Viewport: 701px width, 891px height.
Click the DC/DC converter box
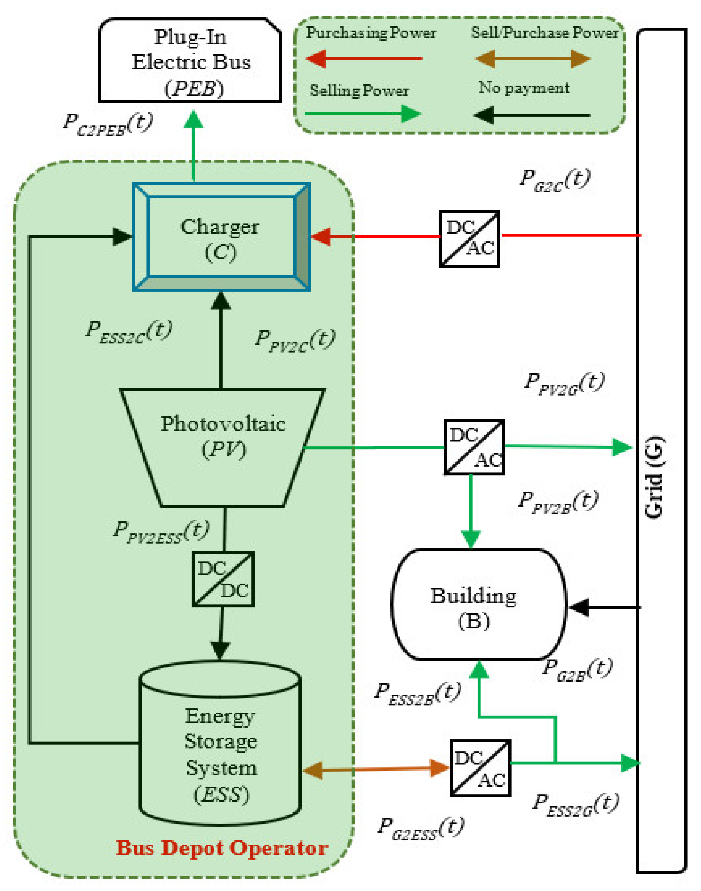point(223,579)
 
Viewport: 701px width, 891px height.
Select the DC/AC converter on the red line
point(469,238)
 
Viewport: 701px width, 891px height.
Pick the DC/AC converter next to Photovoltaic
point(474,447)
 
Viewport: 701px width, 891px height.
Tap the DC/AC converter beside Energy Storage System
point(480,768)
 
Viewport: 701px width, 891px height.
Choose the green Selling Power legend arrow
point(363,114)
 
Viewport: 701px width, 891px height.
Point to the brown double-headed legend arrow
point(533,59)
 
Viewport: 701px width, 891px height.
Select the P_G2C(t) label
point(555,180)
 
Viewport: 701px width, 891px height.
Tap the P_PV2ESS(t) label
point(161,532)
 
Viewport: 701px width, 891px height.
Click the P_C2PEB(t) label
point(107,124)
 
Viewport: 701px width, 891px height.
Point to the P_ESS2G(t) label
point(575,805)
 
